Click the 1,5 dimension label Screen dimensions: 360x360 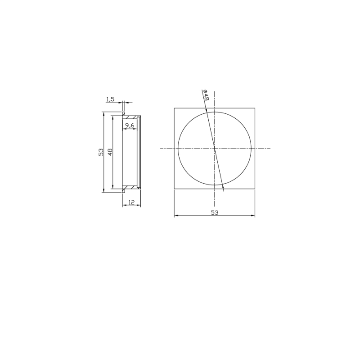[x=110, y=99]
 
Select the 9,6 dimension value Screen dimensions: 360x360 [x=130, y=126]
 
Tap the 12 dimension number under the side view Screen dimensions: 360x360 [x=131, y=202]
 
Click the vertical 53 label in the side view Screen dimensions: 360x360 [x=101, y=152]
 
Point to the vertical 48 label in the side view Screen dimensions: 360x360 [x=110, y=152]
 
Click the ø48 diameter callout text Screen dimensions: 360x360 [x=206, y=94]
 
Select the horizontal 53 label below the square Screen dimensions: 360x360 [x=215, y=212]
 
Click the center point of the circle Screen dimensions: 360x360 [x=215, y=148]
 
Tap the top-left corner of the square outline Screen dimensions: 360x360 [x=174, y=108]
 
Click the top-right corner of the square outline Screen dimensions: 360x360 [x=255, y=108]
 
